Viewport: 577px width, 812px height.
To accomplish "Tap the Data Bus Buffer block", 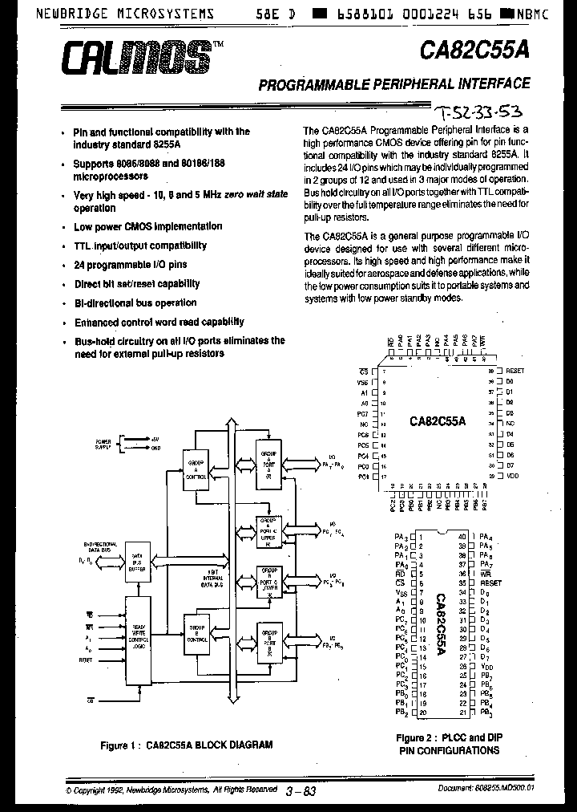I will tap(137, 565).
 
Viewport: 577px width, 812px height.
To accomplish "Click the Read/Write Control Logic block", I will tap(137, 639).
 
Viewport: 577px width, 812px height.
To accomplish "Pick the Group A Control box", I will tap(196, 469).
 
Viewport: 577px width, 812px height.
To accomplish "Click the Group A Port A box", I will tap(268, 464).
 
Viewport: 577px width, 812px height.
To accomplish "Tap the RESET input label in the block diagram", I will tap(85, 659).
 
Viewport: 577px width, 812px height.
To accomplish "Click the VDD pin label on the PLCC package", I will tap(514, 476).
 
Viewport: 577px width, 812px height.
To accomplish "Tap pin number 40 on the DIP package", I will tap(462, 536).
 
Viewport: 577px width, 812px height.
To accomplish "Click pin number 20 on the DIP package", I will tap(422, 713).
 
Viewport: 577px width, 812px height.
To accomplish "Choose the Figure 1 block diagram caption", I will tap(186, 745).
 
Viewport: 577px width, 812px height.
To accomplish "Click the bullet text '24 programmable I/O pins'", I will tap(130, 264).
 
